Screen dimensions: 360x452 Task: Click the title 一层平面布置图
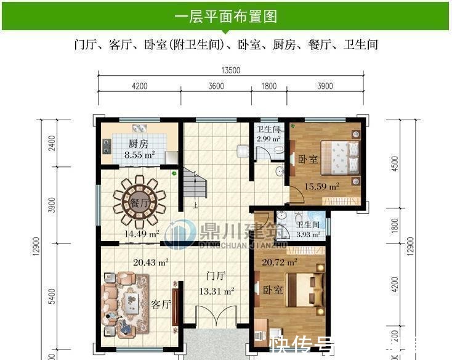click(x=225, y=17)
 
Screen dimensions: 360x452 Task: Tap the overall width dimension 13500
click(x=232, y=70)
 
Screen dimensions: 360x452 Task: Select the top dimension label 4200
click(x=139, y=86)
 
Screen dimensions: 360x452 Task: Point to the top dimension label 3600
click(x=216, y=86)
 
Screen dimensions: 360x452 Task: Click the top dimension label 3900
click(x=325, y=86)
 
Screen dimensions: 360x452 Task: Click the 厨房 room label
click(x=137, y=144)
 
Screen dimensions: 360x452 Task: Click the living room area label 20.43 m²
click(x=151, y=263)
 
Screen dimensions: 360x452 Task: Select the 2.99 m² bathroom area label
click(x=268, y=139)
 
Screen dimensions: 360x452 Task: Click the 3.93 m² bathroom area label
click(x=309, y=234)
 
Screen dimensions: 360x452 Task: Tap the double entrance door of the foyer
click(x=215, y=321)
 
